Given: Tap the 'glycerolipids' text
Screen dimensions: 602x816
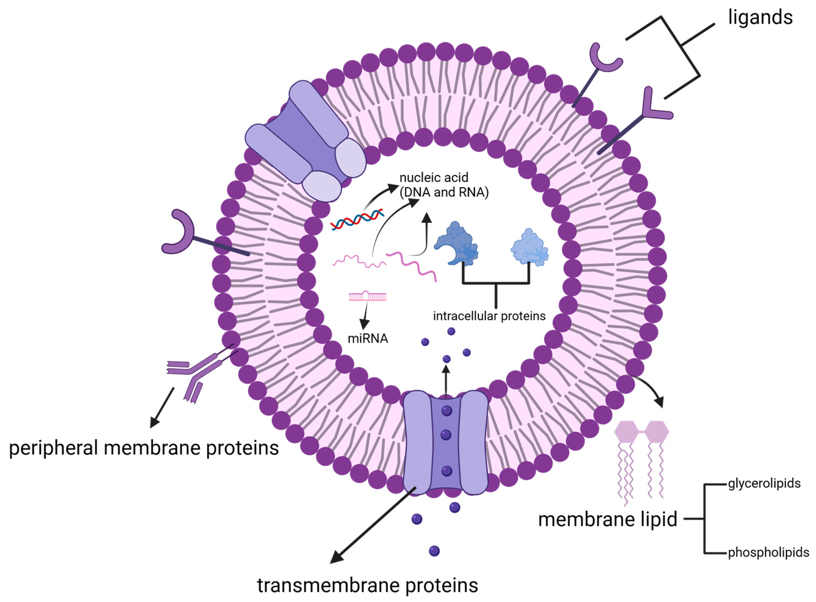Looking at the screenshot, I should [x=764, y=484].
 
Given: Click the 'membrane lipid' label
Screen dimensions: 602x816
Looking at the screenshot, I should [x=607, y=519].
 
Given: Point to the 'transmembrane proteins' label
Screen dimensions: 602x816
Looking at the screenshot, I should [x=367, y=585].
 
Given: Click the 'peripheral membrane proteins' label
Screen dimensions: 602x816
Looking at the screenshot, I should [x=144, y=448].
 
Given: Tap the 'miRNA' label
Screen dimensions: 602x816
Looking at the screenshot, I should [x=368, y=339].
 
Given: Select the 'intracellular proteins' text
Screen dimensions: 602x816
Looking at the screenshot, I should [x=489, y=316].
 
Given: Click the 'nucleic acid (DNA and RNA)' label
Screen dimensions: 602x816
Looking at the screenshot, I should [x=443, y=185].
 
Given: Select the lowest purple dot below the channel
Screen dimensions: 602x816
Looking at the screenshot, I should [x=434, y=551].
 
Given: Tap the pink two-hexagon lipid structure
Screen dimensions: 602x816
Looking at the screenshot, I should [x=642, y=432].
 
